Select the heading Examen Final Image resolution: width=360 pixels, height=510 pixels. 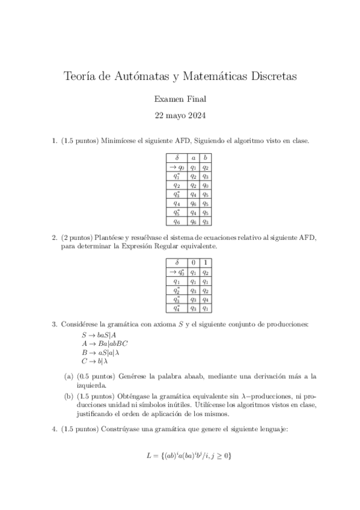[180, 99]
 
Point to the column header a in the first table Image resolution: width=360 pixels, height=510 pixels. [193, 158]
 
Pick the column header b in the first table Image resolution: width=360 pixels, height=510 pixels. [205, 158]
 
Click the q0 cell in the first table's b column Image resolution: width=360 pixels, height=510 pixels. [205, 186]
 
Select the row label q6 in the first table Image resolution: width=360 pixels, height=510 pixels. [177, 222]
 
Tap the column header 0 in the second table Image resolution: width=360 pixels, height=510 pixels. [193, 262]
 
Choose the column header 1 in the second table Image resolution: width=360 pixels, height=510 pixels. [205, 262]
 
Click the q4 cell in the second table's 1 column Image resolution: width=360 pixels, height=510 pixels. [205, 299]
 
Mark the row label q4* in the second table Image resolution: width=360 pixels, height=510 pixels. [177, 309]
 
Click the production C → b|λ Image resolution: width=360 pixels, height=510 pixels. [95, 361]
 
